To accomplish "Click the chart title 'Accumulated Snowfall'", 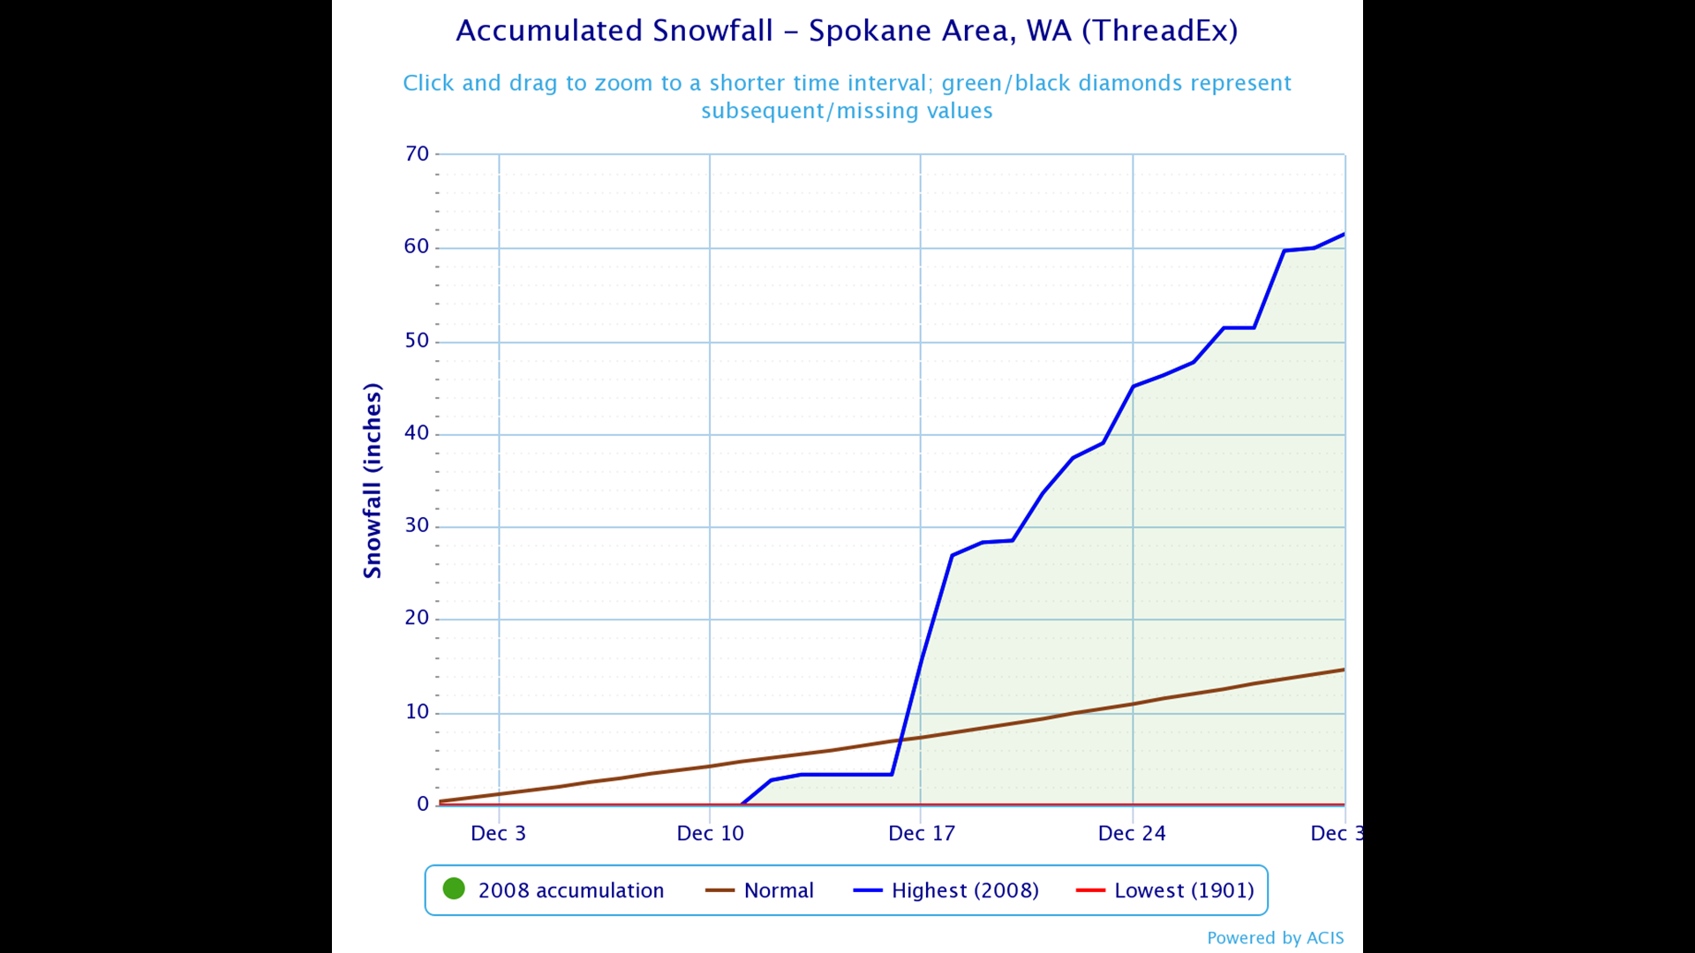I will [x=614, y=31].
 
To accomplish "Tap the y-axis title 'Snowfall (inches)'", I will [x=373, y=481].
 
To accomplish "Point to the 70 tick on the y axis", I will [x=417, y=154].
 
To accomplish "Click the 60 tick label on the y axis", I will [x=417, y=247].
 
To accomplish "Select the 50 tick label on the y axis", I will [x=417, y=341].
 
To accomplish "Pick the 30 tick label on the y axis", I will [x=417, y=526].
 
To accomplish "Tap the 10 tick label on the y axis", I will [x=417, y=712].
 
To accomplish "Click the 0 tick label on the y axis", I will [x=423, y=804].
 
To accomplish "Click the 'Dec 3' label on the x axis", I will [x=498, y=834].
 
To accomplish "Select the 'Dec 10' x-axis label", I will [x=710, y=834].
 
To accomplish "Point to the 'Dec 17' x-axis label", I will [x=922, y=834].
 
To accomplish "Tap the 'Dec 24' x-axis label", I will [x=1132, y=834].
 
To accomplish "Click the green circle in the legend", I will [x=454, y=889].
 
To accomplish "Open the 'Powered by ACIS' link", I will [x=1275, y=938].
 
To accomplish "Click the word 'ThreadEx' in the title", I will [x=1160, y=31].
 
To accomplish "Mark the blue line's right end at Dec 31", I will [x=1344, y=234].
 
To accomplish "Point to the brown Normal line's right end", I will [x=1344, y=670].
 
